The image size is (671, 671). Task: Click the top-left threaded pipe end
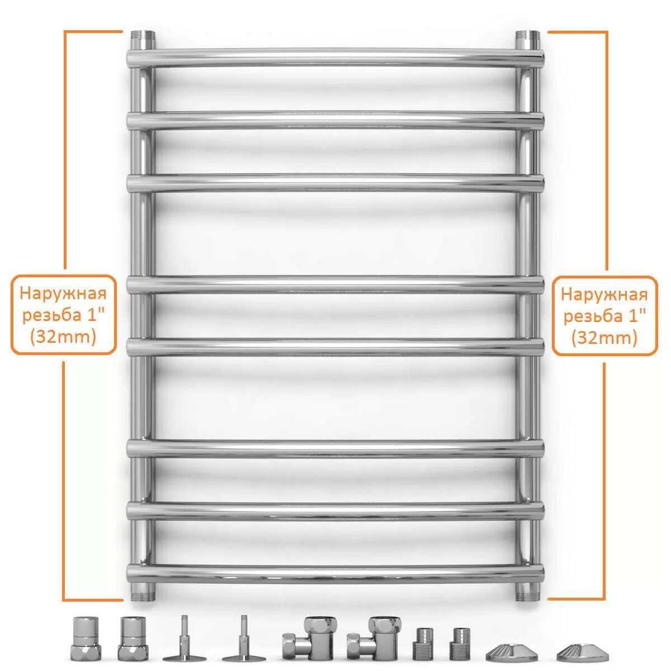(x=143, y=36)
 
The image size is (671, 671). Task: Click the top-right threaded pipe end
(x=527, y=36)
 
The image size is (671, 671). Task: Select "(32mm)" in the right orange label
(x=604, y=337)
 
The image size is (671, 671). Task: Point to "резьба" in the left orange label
(x=49, y=316)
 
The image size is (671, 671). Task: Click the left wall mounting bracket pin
(x=185, y=638)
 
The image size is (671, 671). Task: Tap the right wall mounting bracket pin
(x=244, y=638)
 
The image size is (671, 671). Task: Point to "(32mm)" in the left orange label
(x=63, y=337)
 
